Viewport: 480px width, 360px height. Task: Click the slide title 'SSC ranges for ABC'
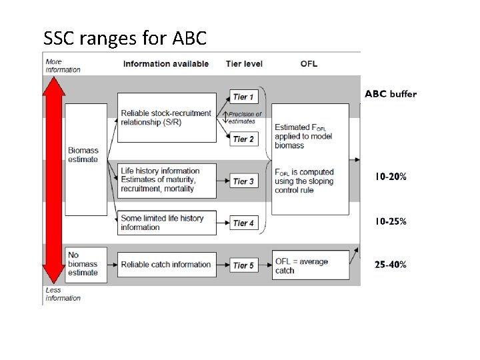point(125,38)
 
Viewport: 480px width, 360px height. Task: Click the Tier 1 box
point(244,97)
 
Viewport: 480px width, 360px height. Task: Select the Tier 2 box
point(244,139)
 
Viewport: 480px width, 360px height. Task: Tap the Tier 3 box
point(244,181)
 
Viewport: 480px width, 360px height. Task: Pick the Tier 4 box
point(244,223)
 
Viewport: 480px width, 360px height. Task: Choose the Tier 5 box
point(244,265)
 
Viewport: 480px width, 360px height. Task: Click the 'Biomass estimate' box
point(86,159)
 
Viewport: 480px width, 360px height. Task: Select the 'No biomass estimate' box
point(86,264)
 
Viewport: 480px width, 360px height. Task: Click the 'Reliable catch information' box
point(167,265)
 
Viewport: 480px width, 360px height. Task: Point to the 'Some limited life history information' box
point(167,223)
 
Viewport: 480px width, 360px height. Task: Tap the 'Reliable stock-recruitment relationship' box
point(167,117)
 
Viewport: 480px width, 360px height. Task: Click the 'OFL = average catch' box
point(311,265)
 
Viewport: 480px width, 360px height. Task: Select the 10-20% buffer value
point(390,177)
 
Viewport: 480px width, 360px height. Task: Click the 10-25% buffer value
point(390,221)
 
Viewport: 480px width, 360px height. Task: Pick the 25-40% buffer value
point(390,265)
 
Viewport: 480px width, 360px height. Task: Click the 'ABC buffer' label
point(391,94)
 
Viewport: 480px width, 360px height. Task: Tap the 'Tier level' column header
point(244,64)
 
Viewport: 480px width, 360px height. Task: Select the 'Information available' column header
point(166,64)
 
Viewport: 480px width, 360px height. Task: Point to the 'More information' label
point(63,65)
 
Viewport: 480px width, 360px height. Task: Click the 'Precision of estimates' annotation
point(245,117)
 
